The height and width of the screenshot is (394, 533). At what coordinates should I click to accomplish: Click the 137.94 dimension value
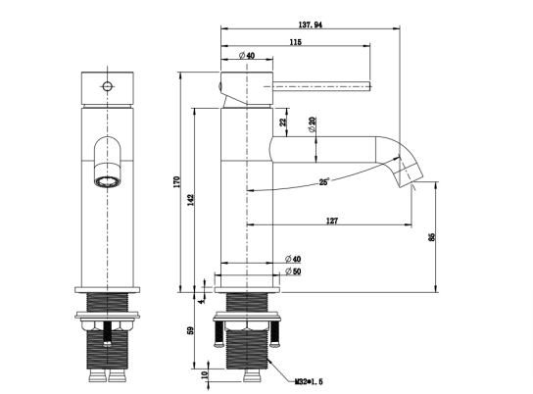coord(310,25)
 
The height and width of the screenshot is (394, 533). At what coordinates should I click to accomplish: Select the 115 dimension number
coord(295,42)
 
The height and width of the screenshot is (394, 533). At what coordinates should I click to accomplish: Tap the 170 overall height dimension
coord(176,182)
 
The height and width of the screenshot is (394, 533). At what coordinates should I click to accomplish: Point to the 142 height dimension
coord(191,200)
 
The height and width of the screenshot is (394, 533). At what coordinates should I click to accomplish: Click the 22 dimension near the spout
coord(283,122)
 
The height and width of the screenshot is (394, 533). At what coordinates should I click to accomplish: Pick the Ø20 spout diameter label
coord(312,124)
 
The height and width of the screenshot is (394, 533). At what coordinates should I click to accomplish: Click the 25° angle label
coord(324,182)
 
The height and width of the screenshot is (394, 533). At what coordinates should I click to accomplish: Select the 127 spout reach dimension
coord(332,221)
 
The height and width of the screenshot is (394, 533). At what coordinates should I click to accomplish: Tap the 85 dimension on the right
coord(432,237)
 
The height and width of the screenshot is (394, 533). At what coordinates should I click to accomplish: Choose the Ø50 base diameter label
coord(293,271)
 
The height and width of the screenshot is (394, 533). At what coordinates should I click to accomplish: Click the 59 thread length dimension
coord(191,330)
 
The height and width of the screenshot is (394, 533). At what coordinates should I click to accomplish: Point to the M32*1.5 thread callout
coord(309,382)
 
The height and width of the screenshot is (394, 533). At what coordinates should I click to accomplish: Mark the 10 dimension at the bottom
coord(205,375)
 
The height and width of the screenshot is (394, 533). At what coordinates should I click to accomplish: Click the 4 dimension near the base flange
coord(202,301)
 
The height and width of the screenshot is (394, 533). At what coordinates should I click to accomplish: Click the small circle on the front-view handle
coord(107,86)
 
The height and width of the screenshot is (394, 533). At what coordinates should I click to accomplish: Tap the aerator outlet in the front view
coord(108,181)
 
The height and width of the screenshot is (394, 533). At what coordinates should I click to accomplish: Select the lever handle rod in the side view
coord(321,86)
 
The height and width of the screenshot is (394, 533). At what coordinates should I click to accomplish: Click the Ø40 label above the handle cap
coord(247,55)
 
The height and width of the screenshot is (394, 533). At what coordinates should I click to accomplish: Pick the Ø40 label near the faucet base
coord(293,259)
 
